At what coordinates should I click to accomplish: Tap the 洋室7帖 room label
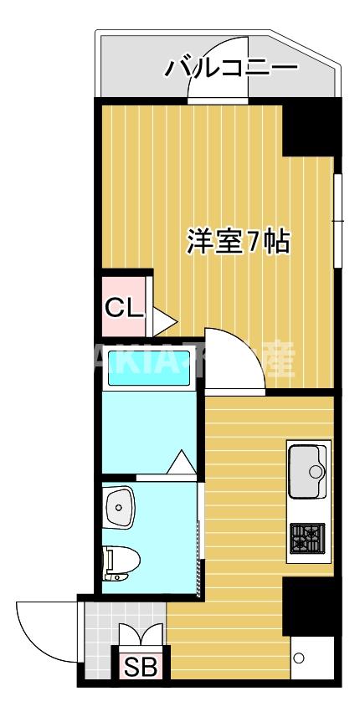(238, 242)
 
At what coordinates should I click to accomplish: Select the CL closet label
(123, 308)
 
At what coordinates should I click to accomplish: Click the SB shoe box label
(141, 668)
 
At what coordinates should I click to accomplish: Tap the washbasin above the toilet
(121, 506)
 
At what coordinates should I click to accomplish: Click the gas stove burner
(306, 536)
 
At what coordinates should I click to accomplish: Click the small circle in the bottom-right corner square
(298, 658)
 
